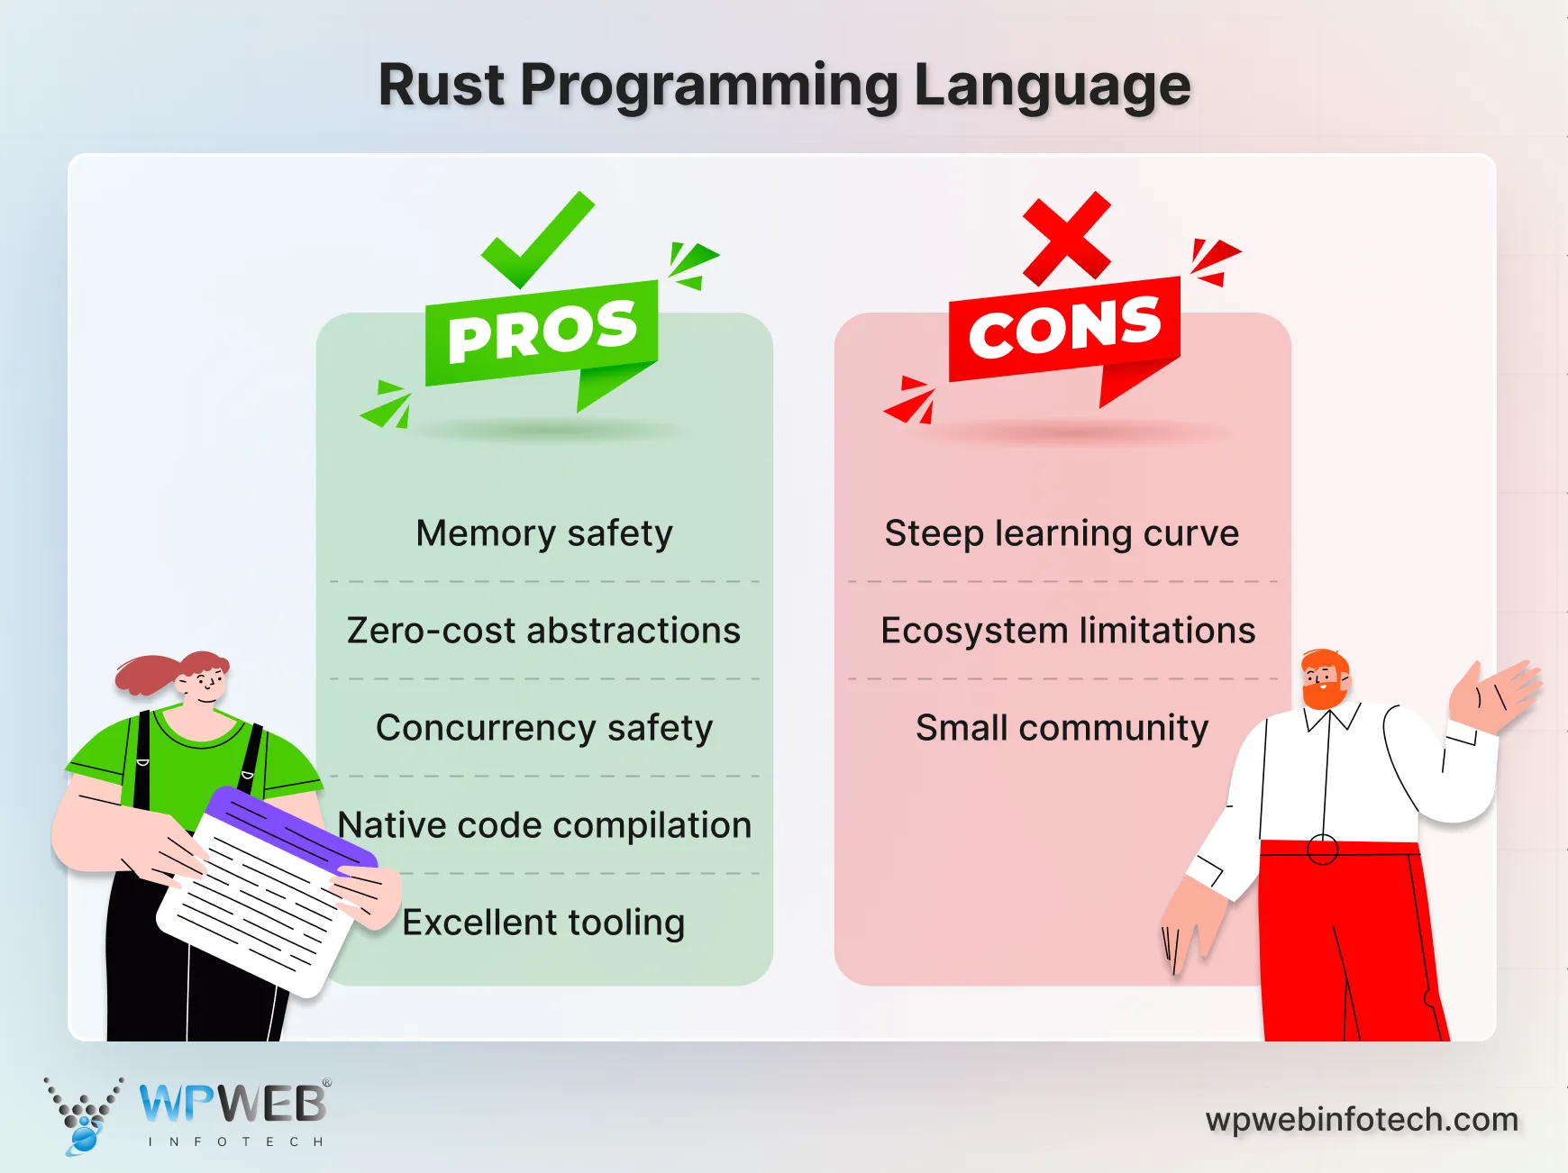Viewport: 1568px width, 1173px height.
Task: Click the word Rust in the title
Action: pos(441,86)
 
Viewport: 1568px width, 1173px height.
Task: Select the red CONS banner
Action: pos(1064,329)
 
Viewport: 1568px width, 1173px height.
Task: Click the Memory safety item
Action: pos(544,533)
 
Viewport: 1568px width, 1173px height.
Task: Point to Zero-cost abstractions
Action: pos(544,631)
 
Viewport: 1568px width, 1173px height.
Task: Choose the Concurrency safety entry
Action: pos(544,728)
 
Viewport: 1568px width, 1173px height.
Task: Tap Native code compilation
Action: pos(544,825)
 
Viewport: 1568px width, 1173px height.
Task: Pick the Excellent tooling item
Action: pos(544,923)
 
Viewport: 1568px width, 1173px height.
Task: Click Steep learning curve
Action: pos(1062,533)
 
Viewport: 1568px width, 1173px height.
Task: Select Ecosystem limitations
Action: pos(1068,631)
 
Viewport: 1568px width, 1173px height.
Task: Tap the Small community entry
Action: pos(1062,728)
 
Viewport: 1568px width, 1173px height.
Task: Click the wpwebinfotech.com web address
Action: pos(1362,1120)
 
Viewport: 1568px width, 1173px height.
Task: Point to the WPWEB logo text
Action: pos(232,1104)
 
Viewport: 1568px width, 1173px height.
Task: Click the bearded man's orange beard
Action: pos(1321,695)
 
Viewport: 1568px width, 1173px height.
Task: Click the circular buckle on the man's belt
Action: pos(1322,850)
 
